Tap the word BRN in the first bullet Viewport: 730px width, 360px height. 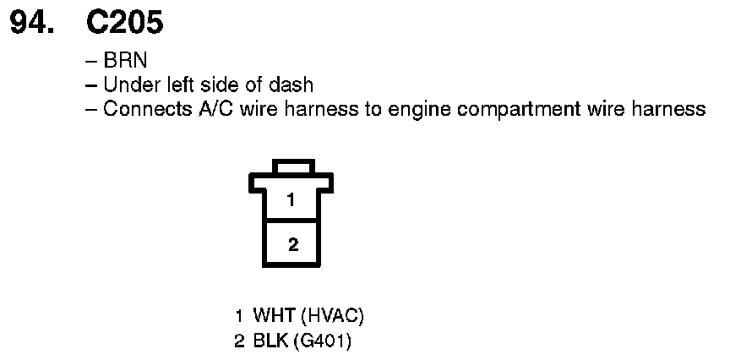[x=120, y=62]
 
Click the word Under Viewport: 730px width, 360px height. [x=127, y=85]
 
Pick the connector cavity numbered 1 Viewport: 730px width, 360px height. [x=291, y=200]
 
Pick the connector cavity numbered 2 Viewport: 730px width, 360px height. [x=291, y=244]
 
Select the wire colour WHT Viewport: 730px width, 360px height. [x=274, y=317]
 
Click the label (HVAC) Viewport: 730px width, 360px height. [x=332, y=317]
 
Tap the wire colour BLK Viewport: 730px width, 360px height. [x=271, y=341]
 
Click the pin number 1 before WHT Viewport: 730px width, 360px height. [x=241, y=317]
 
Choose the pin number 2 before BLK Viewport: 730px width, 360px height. [x=241, y=341]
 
